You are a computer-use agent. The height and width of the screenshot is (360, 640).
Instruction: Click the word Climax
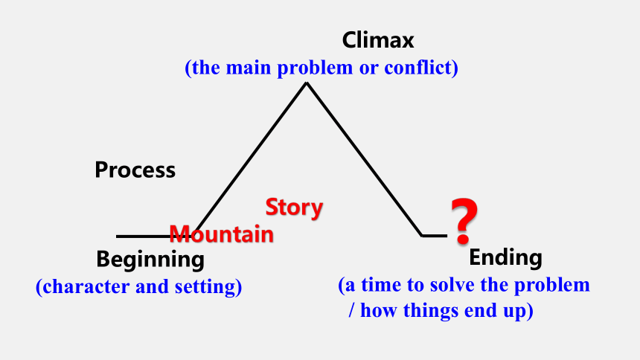(x=378, y=40)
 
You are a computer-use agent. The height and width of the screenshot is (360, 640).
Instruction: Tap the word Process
(x=135, y=170)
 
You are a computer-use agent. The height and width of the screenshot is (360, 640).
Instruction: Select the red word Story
(x=294, y=208)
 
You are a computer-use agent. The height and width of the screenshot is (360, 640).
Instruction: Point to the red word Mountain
(x=221, y=234)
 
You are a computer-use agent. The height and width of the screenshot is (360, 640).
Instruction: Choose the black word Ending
(x=505, y=258)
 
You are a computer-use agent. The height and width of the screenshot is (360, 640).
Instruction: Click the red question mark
(x=464, y=221)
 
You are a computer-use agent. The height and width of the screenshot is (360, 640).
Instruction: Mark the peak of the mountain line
(x=306, y=83)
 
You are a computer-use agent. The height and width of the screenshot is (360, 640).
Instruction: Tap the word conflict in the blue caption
(x=421, y=68)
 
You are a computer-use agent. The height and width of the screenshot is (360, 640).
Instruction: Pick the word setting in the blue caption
(x=208, y=287)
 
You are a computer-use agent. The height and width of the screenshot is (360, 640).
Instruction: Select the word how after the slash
(x=378, y=310)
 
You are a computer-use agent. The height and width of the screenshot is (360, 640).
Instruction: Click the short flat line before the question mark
(x=435, y=236)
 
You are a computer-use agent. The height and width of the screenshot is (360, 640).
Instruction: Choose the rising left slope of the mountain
(x=250, y=160)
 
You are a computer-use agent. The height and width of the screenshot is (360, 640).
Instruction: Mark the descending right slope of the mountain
(x=364, y=159)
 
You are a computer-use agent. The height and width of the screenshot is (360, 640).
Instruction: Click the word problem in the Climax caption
(x=315, y=68)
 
